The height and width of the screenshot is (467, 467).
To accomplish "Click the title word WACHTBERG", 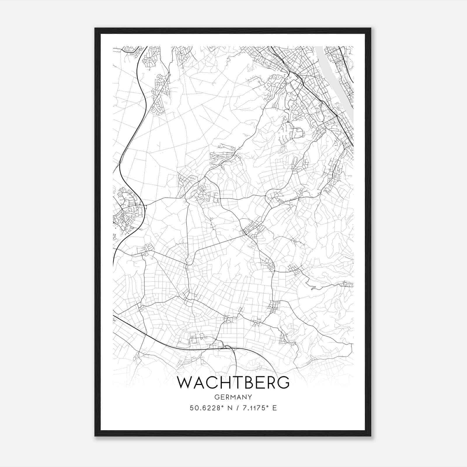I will (x=233, y=383).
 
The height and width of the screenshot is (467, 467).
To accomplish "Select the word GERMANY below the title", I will (x=233, y=397).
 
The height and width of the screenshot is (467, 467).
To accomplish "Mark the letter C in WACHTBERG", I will (x=211, y=383).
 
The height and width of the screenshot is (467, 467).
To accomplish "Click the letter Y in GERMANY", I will (x=250, y=397).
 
